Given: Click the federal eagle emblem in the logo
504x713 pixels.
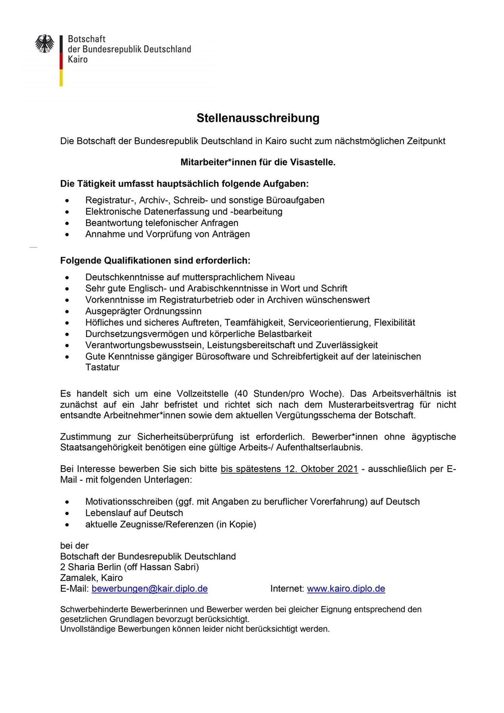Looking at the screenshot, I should (45, 44).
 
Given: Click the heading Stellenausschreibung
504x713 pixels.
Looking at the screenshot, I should (258, 118).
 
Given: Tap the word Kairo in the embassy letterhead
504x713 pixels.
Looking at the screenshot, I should (78, 59).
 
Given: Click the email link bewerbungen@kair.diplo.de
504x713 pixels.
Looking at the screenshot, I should (150, 589).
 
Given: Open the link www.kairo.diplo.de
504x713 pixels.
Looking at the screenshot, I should (346, 589).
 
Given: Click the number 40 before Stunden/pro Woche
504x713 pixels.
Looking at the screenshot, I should (242, 394).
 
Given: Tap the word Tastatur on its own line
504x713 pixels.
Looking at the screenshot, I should (102, 367).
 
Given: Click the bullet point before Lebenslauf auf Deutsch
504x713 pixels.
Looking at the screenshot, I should (68, 513).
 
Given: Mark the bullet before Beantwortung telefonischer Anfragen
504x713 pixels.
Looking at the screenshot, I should (68, 223).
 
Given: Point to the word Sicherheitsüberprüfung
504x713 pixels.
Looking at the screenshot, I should (185, 437).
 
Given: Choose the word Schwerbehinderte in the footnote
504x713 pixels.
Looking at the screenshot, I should (94, 609).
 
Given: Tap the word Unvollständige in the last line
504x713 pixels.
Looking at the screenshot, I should (88, 629).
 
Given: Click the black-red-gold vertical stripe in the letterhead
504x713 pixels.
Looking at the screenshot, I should (61, 61).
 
